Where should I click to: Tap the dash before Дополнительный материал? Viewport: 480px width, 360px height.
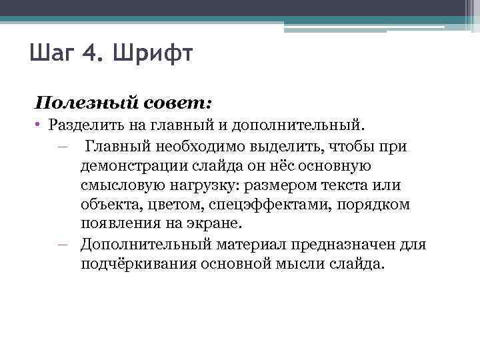click(63, 244)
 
